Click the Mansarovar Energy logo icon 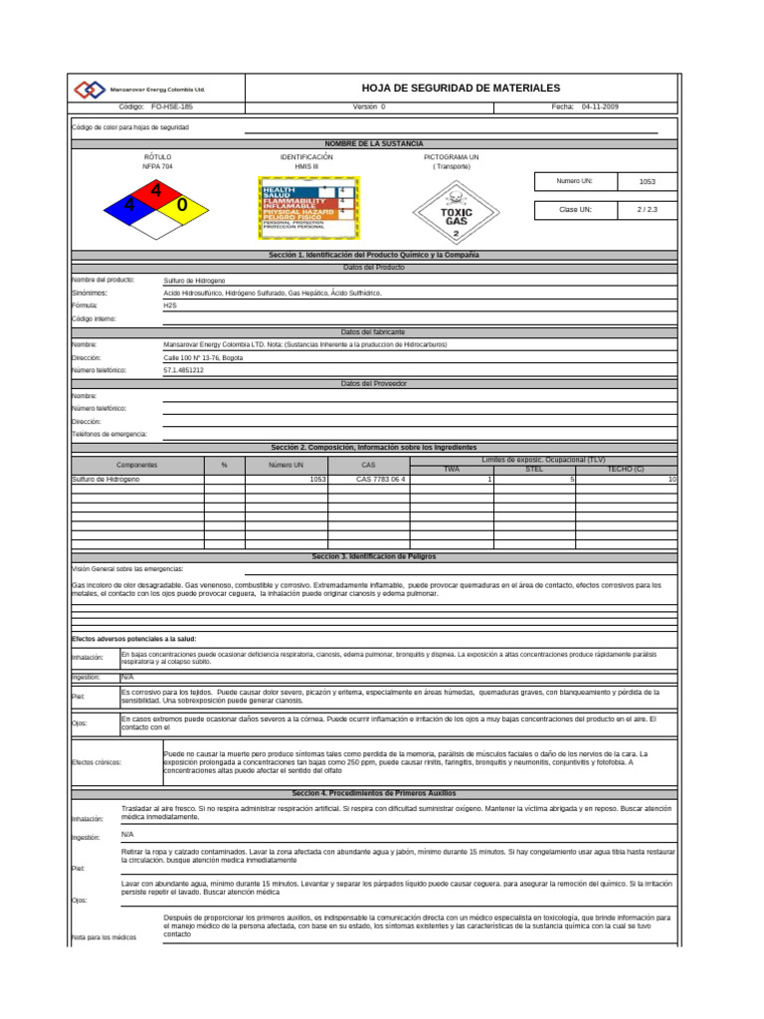90,89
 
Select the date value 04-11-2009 600,106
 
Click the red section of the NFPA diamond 155,191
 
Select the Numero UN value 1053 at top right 647,182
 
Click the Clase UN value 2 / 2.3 647,210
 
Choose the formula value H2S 169,306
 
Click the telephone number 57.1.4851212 183,370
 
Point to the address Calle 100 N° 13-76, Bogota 203,357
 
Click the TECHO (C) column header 626,469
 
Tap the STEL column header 534,469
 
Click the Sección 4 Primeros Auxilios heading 374,793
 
